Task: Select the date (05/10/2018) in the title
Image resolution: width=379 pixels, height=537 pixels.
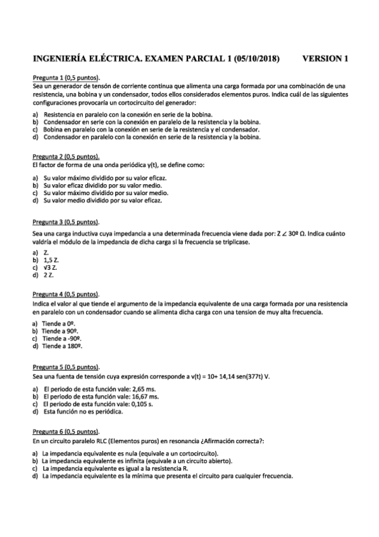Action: coord(256,60)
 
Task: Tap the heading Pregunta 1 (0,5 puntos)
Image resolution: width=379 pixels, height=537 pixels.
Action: coord(66,77)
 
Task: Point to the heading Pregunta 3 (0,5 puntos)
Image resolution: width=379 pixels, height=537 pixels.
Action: coord(66,222)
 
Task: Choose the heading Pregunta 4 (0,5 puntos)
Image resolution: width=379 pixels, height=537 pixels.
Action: coord(66,294)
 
